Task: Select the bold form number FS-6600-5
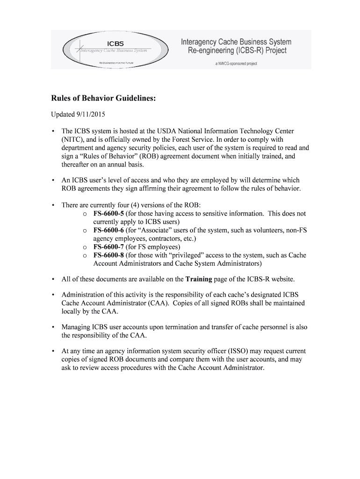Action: [x=108, y=213]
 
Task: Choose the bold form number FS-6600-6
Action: [x=108, y=230]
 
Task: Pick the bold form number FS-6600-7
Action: [x=108, y=247]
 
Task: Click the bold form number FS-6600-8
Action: [x=108, y=255]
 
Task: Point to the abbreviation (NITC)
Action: [x=72, y=139]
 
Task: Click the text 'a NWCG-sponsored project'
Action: [x=236, y=64]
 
